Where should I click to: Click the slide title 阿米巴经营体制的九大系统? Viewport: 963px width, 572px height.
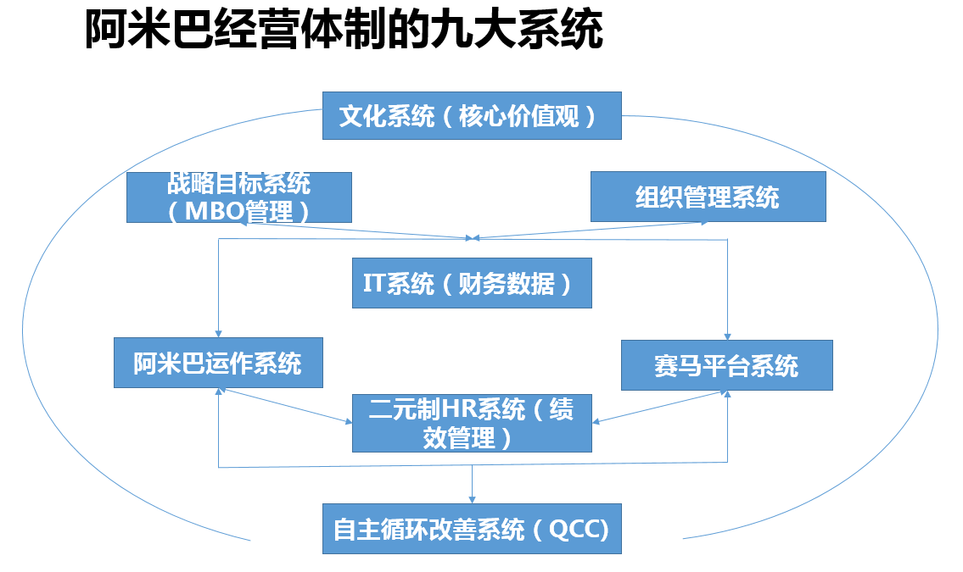pyautogui.click(x=344, y=32)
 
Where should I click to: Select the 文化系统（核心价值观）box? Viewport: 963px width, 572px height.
pyautogui.click(x=472, y=115)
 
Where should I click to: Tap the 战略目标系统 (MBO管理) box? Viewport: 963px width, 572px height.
pyautogui.click(x=238, y=197)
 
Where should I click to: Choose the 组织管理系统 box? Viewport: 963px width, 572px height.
pyautogui.click(x=708, y=197)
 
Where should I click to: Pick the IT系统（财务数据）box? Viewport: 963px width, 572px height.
pyautogui.click(x=472, y=284)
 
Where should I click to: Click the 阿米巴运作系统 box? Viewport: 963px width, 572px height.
pyautogui.click(x=218, y=364)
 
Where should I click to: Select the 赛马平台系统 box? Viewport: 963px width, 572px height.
pyautogui.click(x=726, y=365)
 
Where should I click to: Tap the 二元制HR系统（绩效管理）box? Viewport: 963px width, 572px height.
pyautogui.click(x=472, y=423)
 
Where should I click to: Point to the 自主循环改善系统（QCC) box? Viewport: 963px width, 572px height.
pyautogui.click(x=472, y=530)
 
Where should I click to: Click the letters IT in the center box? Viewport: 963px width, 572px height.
pyautogui.click(x=374, y=284)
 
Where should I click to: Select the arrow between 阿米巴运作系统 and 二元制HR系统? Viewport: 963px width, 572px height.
pyautogui.click(x=285, y=406)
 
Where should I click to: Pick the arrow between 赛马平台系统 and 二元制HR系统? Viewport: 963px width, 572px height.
pyautogui.click(x=660, y=406)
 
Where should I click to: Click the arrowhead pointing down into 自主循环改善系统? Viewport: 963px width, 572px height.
pyautogui.click(x=472, y=500)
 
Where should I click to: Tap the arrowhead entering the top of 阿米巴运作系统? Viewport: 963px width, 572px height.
pyautogui.click(x=219, y=333)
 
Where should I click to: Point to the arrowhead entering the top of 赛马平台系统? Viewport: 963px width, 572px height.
pyautogui.click(x=727, y=336)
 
